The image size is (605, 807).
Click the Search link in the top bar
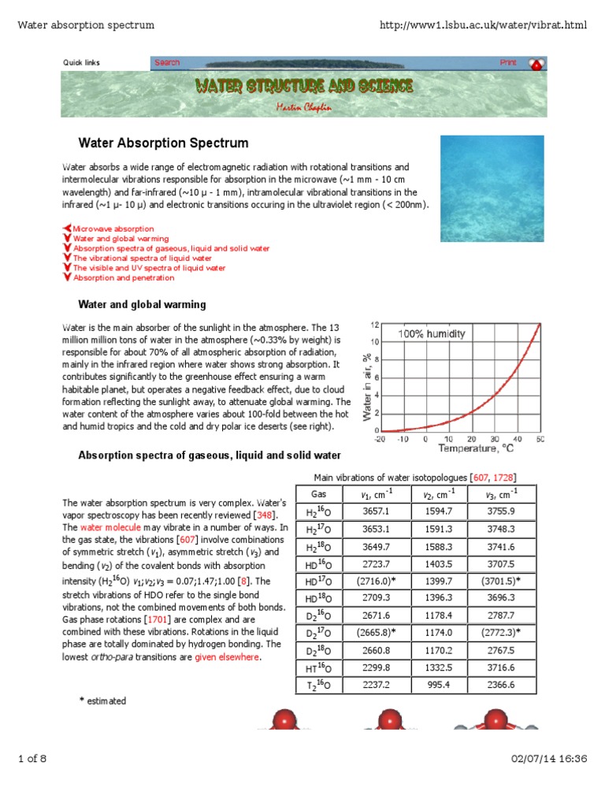point(167,62)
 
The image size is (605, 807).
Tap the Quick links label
point(81,63)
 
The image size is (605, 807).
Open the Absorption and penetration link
point(124,277)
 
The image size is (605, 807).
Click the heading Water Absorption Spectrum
point(163,143)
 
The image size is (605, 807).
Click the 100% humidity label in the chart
point(432,333)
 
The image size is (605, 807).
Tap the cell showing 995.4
point(436,685)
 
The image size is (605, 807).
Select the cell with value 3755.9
point(501,511)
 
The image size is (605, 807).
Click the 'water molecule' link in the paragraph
point(102,527)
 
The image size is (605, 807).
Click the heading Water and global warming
point(142,304)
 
